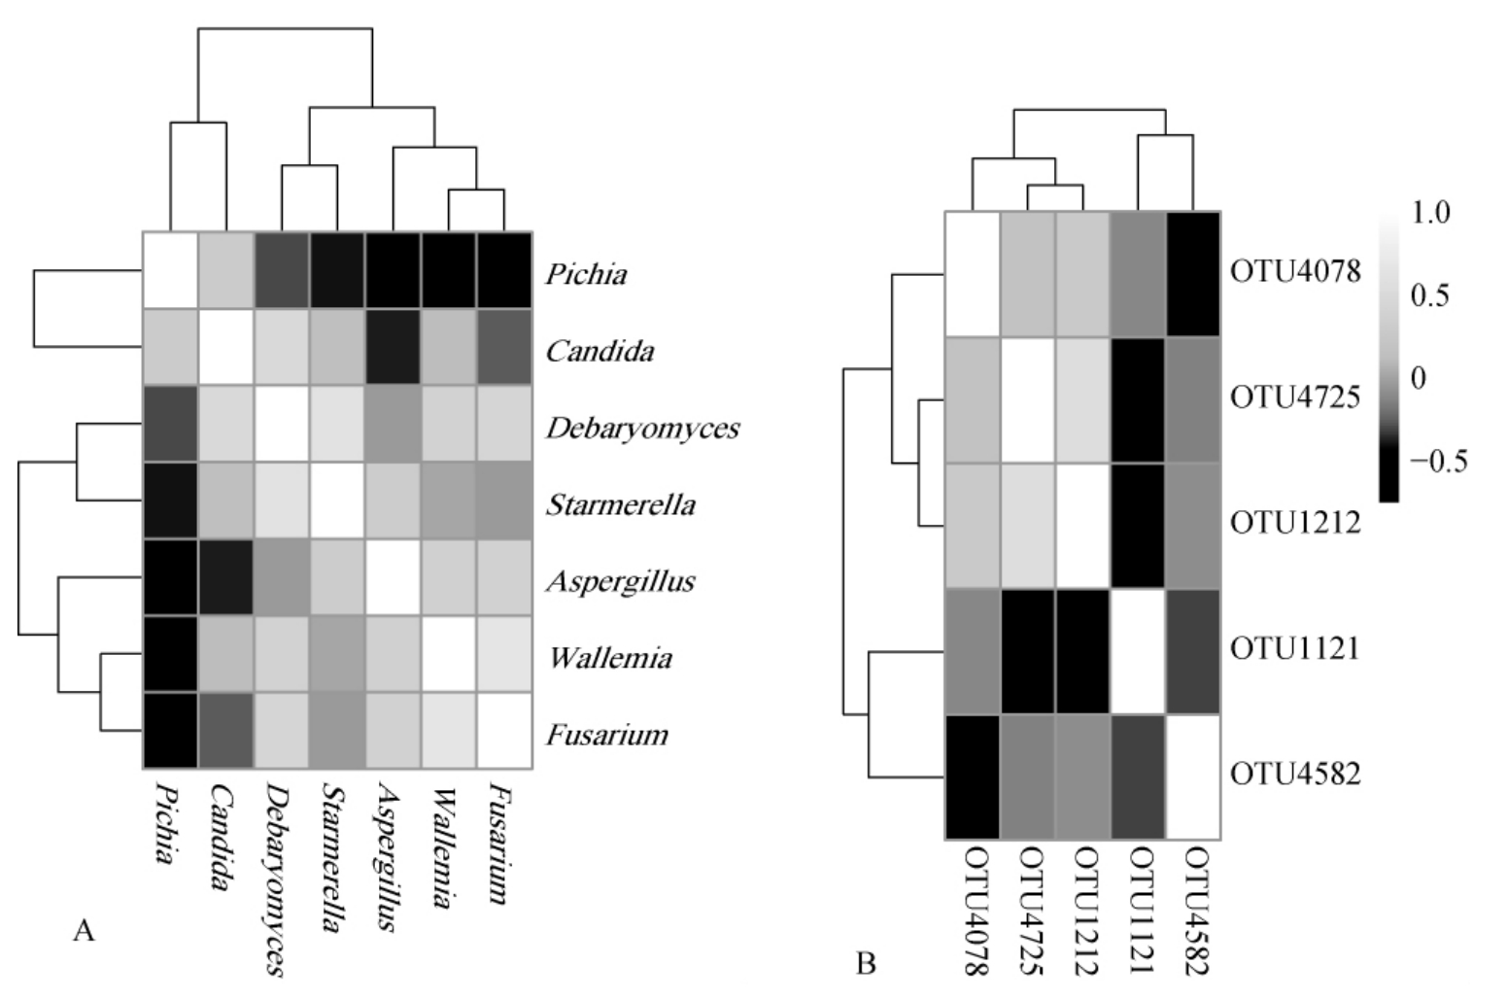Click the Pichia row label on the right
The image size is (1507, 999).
[586, 274]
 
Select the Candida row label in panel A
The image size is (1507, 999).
[599, 351]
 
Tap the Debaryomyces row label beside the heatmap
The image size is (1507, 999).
[642, 428]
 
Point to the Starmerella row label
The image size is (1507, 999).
[621, 504]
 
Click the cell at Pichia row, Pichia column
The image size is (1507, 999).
[170, 270]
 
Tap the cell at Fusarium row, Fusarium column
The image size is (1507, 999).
[503, 731]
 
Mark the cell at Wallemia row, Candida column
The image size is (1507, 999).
[225, 654]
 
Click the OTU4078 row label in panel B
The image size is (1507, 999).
[1295, 271]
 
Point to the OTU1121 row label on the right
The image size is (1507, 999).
[1295, 648]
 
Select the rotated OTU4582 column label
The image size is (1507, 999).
[1194, 909]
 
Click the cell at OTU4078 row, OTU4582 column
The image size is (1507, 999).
[1192, 274]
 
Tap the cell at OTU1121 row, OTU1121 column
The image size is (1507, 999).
[1137, 651]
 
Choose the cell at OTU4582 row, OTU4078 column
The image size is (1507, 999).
[972, 776]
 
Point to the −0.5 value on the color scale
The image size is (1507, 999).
[1437, 462]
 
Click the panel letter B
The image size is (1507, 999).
[866, 963]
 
